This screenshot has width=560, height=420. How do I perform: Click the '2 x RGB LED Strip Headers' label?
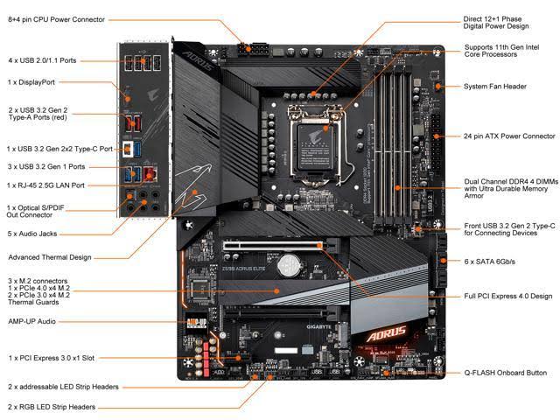coord(52,407)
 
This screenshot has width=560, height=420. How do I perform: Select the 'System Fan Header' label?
coord(495,87)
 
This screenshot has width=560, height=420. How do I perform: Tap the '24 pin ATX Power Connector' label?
coord(509,136)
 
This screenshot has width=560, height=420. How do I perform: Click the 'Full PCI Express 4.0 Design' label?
coord(508,296)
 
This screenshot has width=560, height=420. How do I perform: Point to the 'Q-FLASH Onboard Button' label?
coord(505,373)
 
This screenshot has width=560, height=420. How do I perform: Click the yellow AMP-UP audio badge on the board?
coord(197,322)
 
